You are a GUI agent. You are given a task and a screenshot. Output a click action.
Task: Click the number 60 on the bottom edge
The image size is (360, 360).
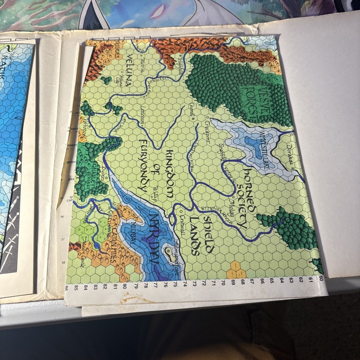(321, 278)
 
